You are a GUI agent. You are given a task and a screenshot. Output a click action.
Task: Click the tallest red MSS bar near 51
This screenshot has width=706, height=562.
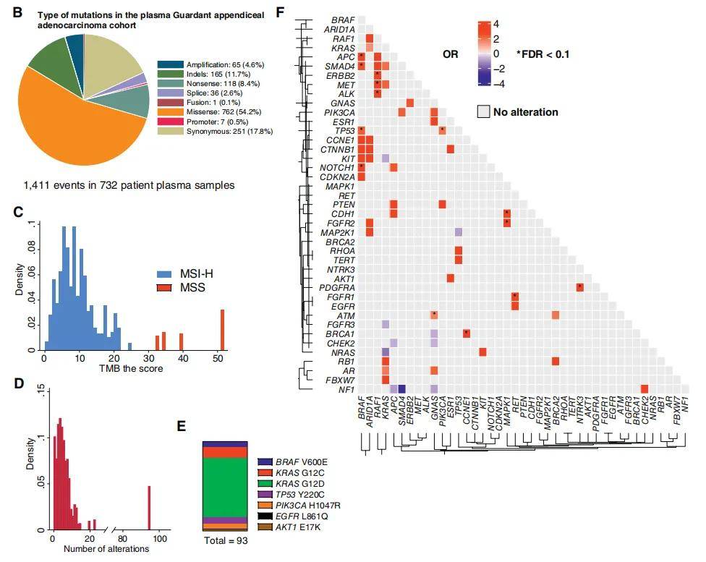pos(222,330)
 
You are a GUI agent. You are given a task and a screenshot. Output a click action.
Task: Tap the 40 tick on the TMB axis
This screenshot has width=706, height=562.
pos(181,358)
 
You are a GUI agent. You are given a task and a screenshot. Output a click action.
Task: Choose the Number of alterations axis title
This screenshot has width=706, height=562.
pos(106,549)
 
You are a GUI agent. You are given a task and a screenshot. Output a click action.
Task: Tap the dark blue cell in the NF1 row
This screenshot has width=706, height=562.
pos(401,389)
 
